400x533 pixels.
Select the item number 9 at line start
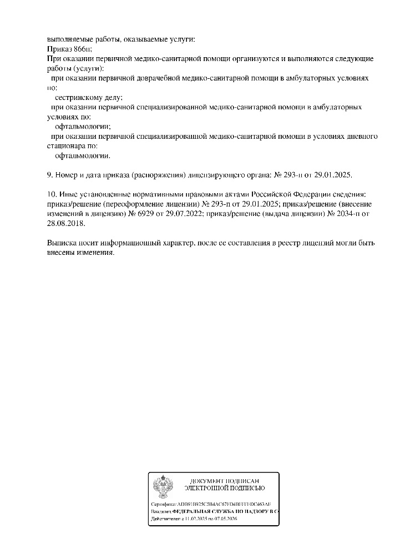[50, 175]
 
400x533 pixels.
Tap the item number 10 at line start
[52, 194]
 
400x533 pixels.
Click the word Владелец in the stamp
[161, 510]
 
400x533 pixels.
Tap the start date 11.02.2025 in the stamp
[195, 518]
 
